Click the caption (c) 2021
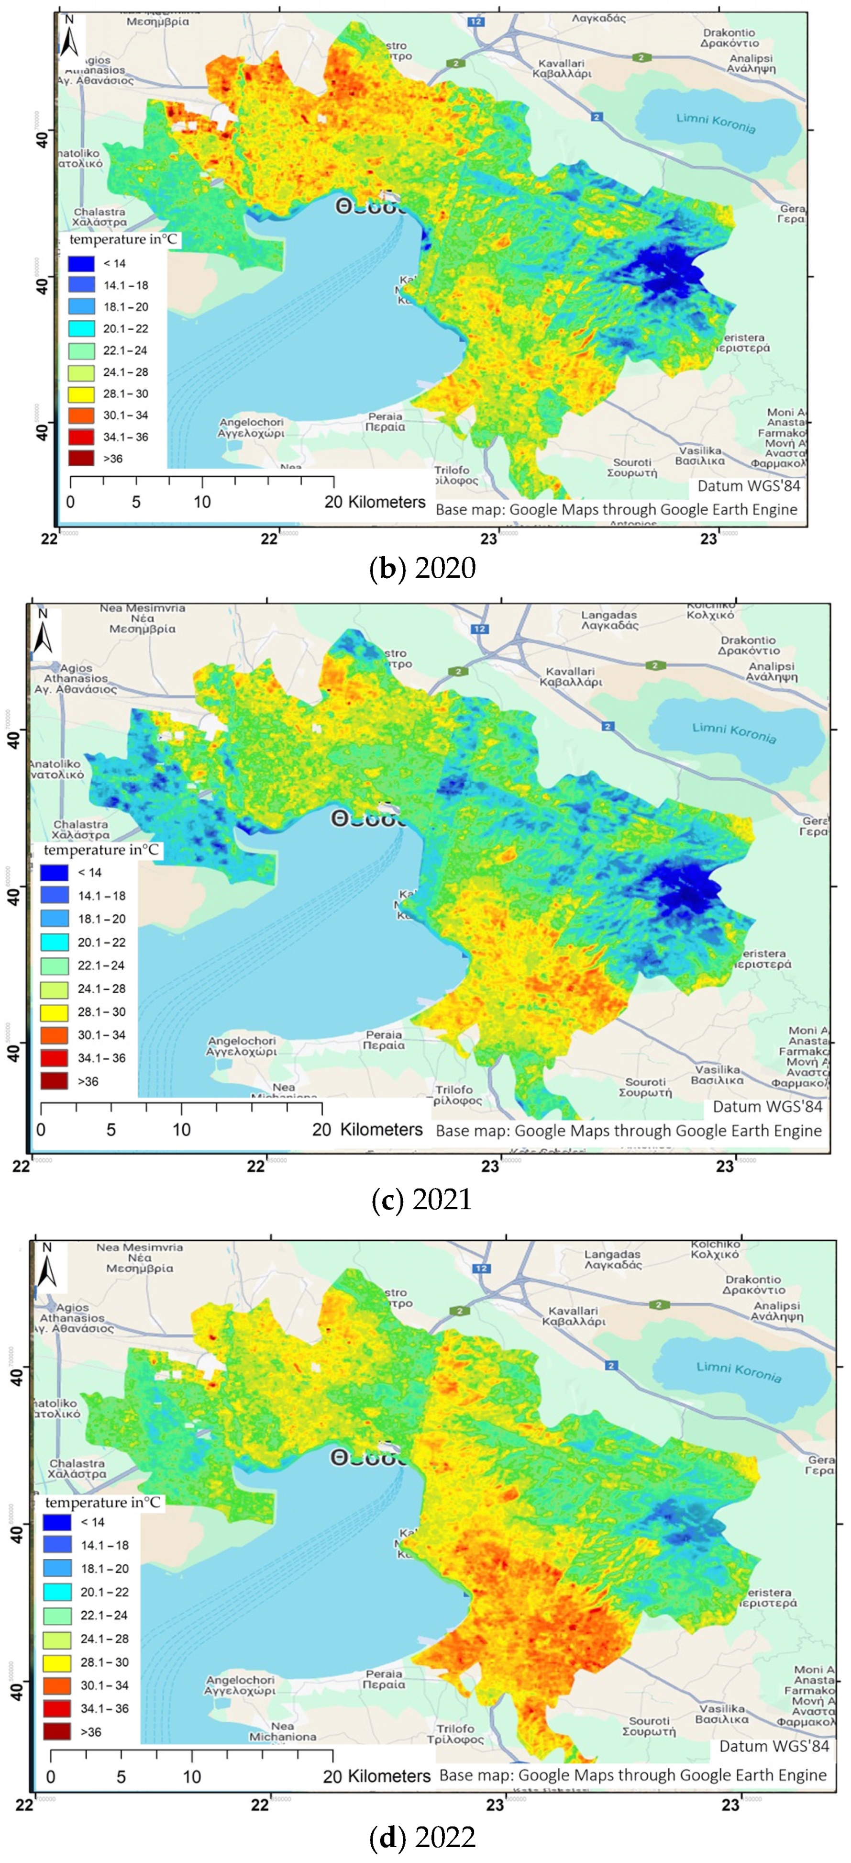pos(421,1199)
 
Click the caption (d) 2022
pos(421,1837)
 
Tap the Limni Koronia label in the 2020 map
pos(716,123)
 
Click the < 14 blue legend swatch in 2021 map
pos(54,872)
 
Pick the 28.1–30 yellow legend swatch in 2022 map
pos(57,1662)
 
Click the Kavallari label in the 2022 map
pos(574,1315)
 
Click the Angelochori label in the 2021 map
pos(242,1046)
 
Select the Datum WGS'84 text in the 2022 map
pos(773,1746)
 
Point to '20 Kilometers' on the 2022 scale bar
pos(376,1776)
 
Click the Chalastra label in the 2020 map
pos(100,217)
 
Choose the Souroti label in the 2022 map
pos(649,1726)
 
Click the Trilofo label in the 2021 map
pos(454,1095)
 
